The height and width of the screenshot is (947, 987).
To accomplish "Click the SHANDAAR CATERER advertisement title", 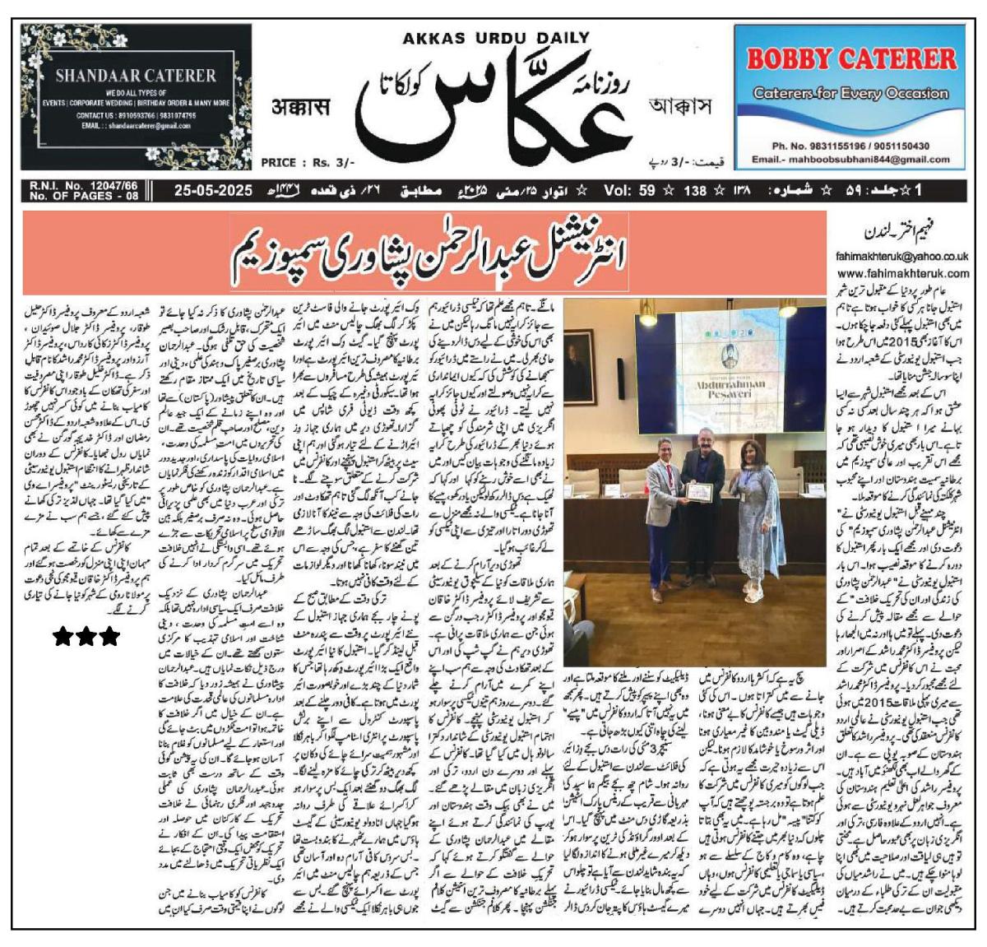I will [136, 76].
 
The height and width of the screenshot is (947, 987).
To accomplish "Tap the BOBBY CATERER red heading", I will [851, 59].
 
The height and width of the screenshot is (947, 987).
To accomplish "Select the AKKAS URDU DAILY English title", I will [496, 37].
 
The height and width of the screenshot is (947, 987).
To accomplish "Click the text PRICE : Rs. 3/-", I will [308, 163].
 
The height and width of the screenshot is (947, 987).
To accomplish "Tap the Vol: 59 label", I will [629, 191].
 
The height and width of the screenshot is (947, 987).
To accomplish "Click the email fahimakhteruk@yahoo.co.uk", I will [902, 256].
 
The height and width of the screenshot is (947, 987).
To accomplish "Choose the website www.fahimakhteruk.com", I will [903, 272].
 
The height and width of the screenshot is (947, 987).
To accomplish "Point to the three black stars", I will [86, 636].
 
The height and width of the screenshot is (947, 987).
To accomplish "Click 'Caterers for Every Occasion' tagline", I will [851, 93].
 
